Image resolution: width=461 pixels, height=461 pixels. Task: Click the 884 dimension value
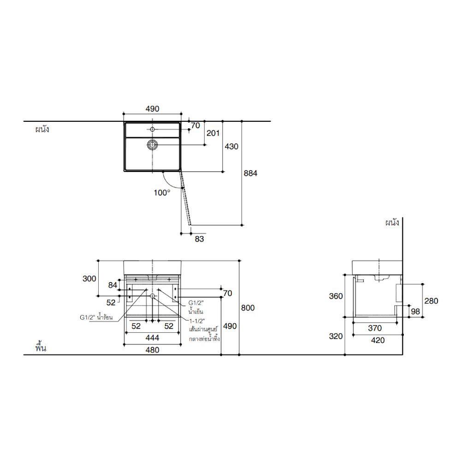[x=250, y=173]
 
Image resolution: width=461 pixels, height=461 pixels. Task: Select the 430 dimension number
[x=231, y=147]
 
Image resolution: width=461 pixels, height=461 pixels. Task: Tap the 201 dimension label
[x=213, y=133]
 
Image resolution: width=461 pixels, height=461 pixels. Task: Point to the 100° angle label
[x=162, y=193]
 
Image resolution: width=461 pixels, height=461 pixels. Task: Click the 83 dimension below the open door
[x=199, y=239]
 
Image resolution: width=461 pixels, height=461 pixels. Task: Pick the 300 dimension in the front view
[x=89, y=278]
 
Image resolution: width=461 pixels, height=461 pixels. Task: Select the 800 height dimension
[x=248, y=308]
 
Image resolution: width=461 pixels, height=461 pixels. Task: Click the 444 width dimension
[x=152, y=338]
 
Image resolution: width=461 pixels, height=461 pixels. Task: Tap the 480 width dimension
[x=152, y=350]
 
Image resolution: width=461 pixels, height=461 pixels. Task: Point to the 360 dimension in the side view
[x=336, y=296]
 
